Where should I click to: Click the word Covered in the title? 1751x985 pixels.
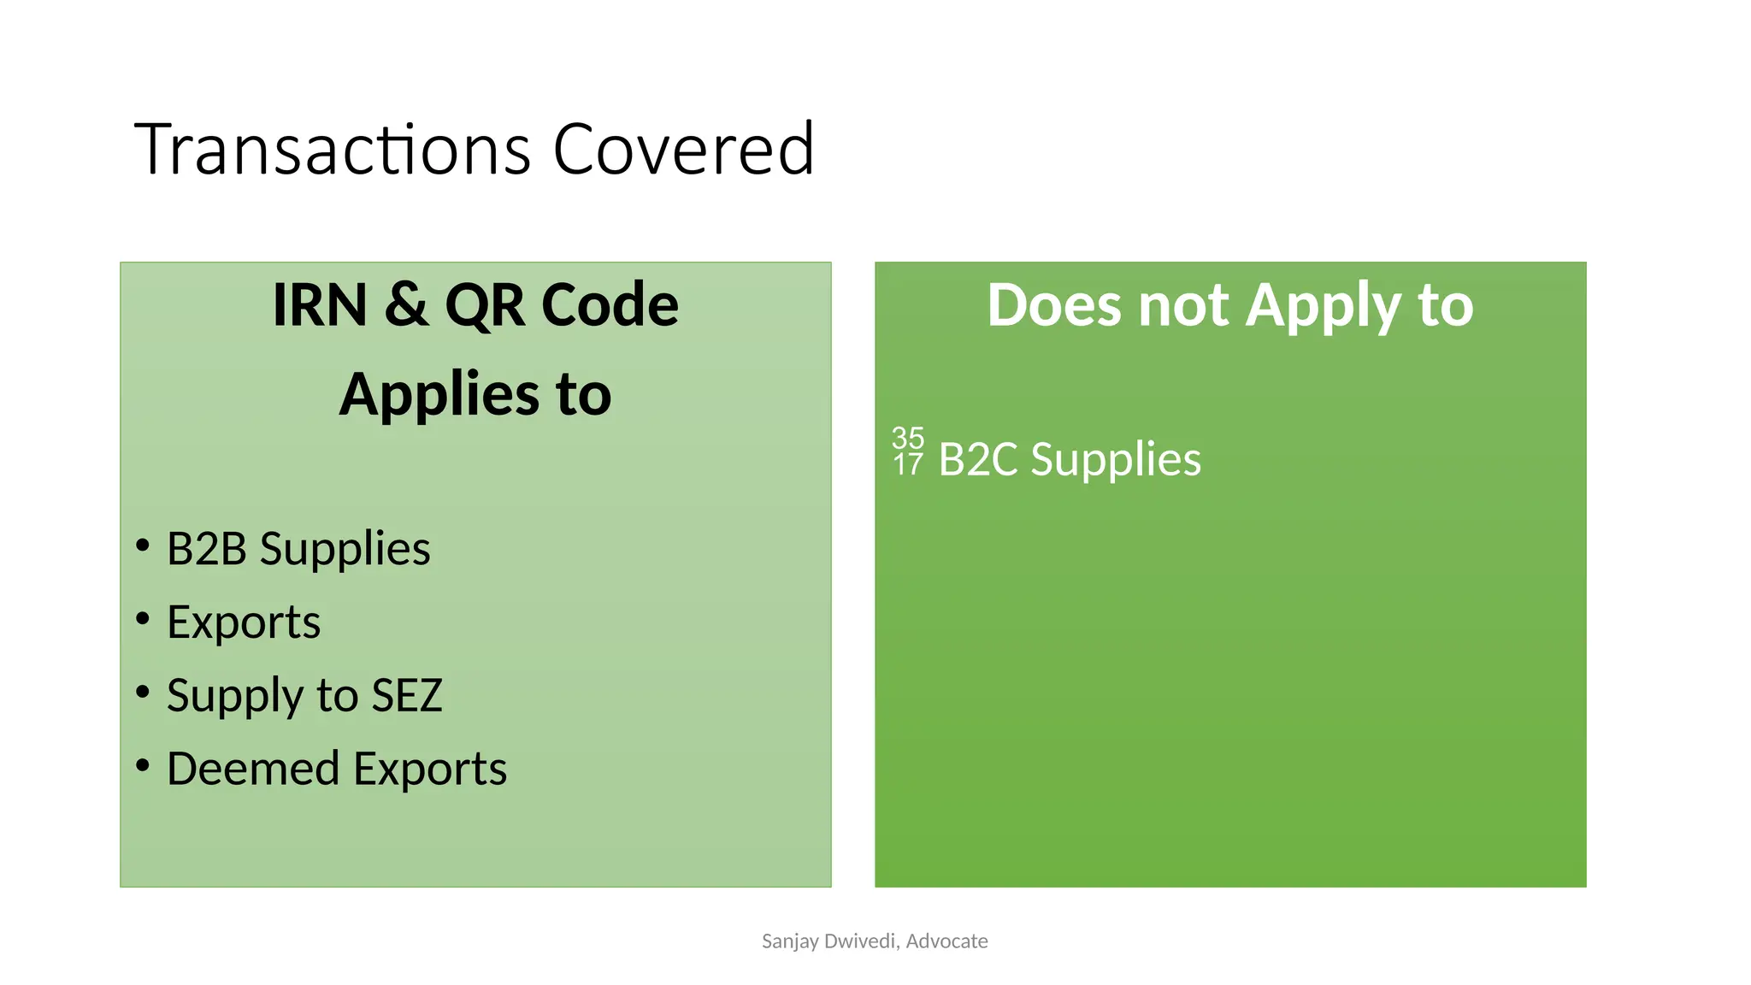[x=683, y=150]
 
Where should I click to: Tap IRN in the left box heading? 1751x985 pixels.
[x=320, y=305]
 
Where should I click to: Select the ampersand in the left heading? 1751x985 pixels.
[x=406, y=305]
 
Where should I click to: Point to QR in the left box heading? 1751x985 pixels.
[x=484, y=305]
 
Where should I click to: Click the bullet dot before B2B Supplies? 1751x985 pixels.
[x=143, y=545]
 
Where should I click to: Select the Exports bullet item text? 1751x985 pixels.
[x=244, y=622]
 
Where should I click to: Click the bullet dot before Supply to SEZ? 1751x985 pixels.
[x=143, y=691]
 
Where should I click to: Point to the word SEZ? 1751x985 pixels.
[x=407, y=695]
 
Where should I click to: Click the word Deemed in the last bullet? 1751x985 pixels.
[x=253, y=769]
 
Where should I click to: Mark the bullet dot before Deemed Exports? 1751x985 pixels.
[x=143, y=764]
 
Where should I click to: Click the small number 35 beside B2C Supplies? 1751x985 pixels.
[x=908, y=438]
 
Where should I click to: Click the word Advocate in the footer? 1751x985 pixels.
[x=946, y=941]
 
